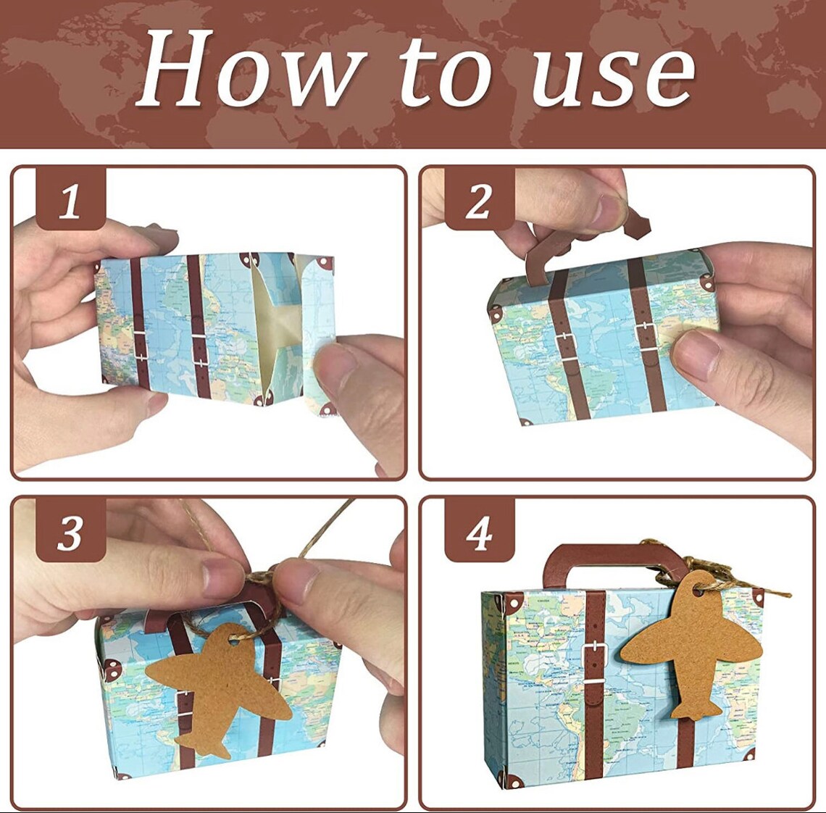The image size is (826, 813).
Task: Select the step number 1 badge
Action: (70, 200)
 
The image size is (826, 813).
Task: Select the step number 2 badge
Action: (478, 200)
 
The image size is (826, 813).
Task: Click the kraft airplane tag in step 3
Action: (217, 685)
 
